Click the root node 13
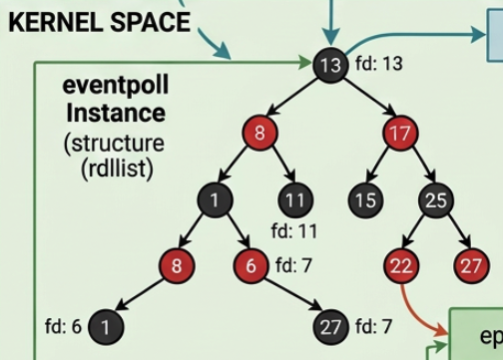pos(330,66)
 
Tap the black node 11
pos(293,199)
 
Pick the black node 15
pos(366,199)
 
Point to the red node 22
pos(401,265)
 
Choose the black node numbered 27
pos(329,327)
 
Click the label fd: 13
pos(379,66)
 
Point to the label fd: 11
pos(293,232)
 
